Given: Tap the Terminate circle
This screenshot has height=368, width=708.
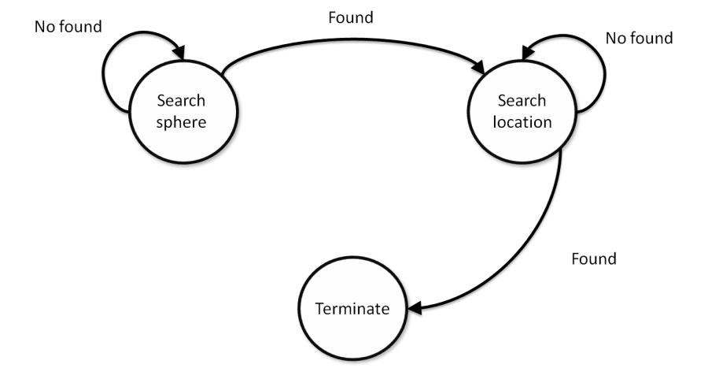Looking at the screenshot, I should point(352,308).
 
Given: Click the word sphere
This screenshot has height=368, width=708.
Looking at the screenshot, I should point(181,123).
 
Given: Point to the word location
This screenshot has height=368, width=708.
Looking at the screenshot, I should point(522,122).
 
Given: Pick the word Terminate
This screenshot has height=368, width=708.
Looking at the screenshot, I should point(352,308).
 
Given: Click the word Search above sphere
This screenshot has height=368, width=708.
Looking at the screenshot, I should point(181,100).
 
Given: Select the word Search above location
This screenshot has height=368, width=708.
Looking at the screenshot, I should point(522,100).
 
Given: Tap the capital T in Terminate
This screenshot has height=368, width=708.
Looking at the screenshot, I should point(319,308).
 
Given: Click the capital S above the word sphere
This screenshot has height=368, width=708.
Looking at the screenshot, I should point(161,100).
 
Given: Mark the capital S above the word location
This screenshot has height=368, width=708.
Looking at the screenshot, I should point(502,100).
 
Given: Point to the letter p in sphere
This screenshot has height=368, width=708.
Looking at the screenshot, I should point(169,125).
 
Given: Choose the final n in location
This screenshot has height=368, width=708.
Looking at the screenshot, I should point(547,122).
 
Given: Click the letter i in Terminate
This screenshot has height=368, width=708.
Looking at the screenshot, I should point(356,308).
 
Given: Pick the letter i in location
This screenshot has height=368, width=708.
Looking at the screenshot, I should point(531,122).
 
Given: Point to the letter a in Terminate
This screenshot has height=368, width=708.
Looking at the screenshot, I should point(374,309).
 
